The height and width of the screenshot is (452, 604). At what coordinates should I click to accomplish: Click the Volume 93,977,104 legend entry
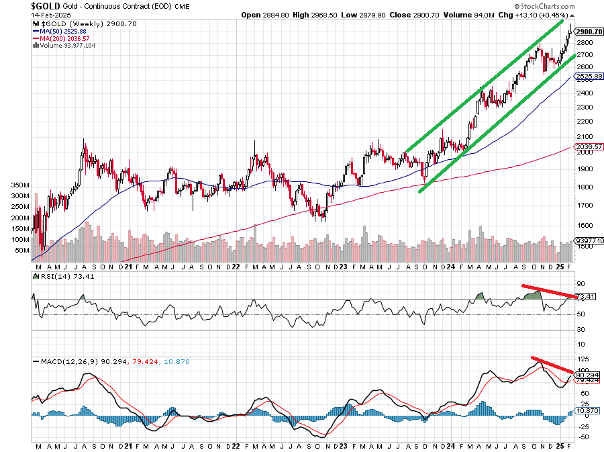coord(68,46)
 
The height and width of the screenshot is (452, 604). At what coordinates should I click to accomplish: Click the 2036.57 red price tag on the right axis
coord(588,146)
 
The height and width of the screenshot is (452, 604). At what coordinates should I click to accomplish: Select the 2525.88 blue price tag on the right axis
coord(588,77)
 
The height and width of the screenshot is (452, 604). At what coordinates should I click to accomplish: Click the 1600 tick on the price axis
coord(585,226)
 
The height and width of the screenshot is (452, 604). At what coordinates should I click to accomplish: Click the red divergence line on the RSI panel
coord(548,291)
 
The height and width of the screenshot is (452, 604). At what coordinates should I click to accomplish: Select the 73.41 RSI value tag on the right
coord(589,296)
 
